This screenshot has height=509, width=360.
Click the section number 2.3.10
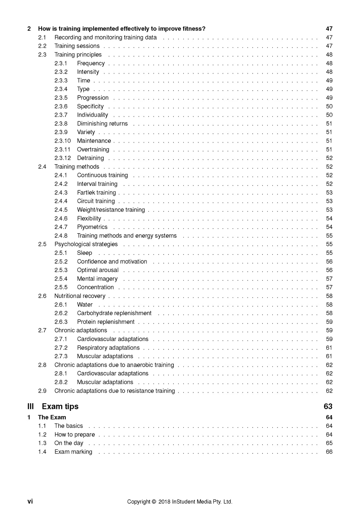coord(63,141)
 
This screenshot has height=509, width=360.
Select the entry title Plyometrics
coord(92,227)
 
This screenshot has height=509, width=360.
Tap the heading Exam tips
coord(60,406)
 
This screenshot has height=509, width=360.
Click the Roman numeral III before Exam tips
coord(30,406)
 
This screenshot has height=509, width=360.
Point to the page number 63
coord(328,406)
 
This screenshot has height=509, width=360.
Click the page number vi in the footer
coord(30,501)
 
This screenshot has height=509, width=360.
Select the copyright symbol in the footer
coord(153,502)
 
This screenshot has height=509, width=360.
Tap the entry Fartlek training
coord(97,193)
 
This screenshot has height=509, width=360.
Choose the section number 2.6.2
coord(61,313)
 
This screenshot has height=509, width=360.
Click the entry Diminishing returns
coord(102,124)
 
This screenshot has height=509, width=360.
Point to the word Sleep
coord(84,253)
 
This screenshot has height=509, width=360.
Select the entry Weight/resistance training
coord(111,210)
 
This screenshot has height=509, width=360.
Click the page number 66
coord(329,452)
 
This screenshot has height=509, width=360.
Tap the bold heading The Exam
coord(52,417)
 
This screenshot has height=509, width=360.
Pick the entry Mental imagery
coord(97,279)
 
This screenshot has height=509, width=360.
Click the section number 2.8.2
coord(61,382)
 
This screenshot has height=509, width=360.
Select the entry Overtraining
coord(93,149)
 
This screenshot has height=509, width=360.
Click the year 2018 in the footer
coord(164,502)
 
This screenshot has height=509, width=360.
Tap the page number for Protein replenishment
coord(329,322)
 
